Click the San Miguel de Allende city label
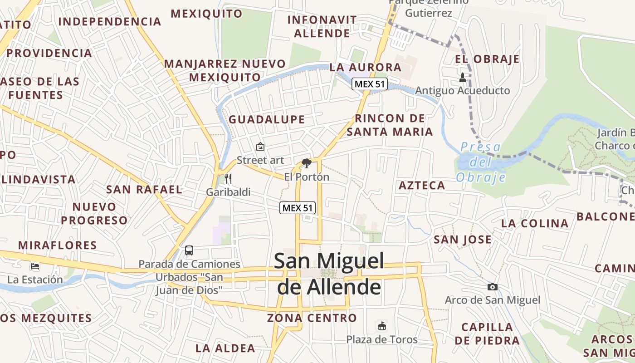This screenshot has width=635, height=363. (x=329, y=274)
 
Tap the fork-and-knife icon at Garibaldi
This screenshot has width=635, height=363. (x=228, y=179)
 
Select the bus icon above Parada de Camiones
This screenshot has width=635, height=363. (x=189, y=250)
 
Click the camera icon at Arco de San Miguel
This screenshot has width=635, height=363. (x=492, y=287)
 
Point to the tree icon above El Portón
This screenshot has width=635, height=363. (x=307, y=163)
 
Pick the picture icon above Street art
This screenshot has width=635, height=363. (x=260, y=147)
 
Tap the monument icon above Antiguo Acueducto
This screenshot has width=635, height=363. (x=463, y=78)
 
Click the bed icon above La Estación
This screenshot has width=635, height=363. (x=35, y=266)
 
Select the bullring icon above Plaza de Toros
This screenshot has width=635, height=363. (x=382, y=326)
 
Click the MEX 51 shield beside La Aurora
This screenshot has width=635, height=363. (x=370, y=84)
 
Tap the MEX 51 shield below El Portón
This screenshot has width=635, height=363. (x=297, y=208)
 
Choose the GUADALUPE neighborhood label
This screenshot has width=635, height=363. (x=267, y=120)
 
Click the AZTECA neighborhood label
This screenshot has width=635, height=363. (x=422, y=185)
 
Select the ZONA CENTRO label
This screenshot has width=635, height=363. (x=312, y=318)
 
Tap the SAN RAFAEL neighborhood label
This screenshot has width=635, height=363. (x=144, y=189)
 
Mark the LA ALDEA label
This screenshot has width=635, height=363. (x=225, y=348)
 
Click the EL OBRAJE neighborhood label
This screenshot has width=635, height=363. (x=488, y=59)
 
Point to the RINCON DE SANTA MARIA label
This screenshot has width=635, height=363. (x=390, y=125)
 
